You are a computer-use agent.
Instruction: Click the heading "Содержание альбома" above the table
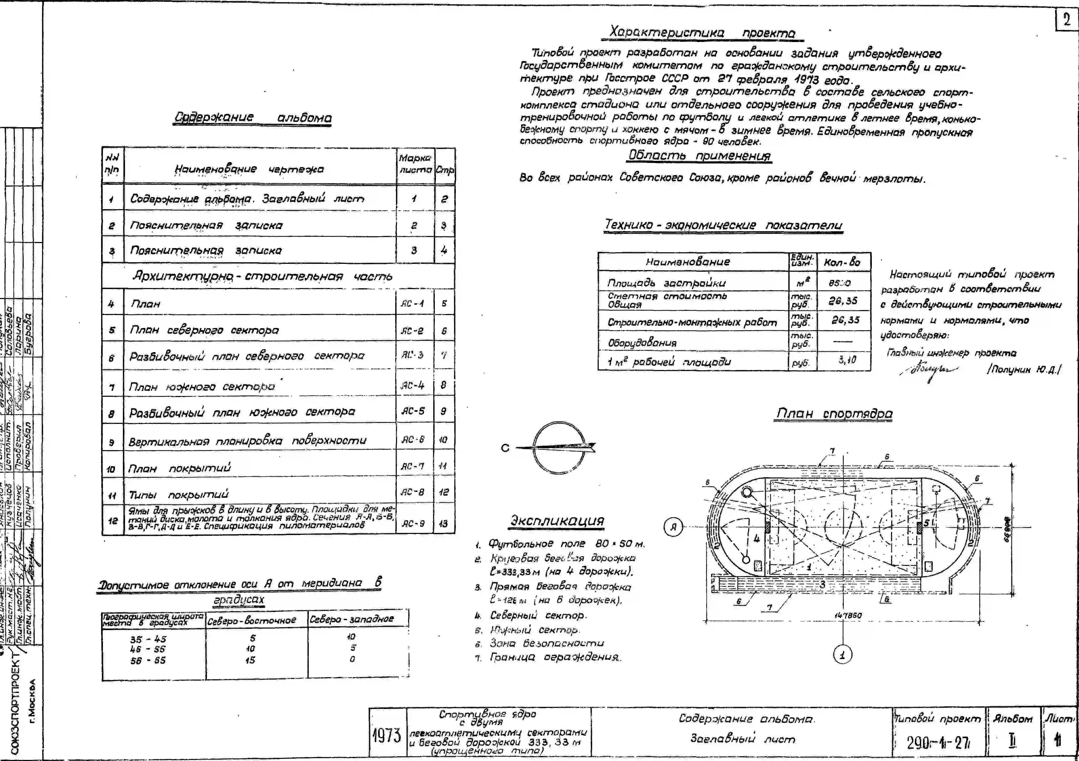253,117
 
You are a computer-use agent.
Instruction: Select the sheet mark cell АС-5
413,411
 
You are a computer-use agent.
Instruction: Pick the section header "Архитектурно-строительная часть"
262,276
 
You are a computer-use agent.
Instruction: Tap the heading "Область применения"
699,155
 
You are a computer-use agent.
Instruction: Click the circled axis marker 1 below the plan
842,654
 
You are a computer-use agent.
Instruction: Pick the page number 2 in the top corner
1066,20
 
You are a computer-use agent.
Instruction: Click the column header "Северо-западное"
352,619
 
